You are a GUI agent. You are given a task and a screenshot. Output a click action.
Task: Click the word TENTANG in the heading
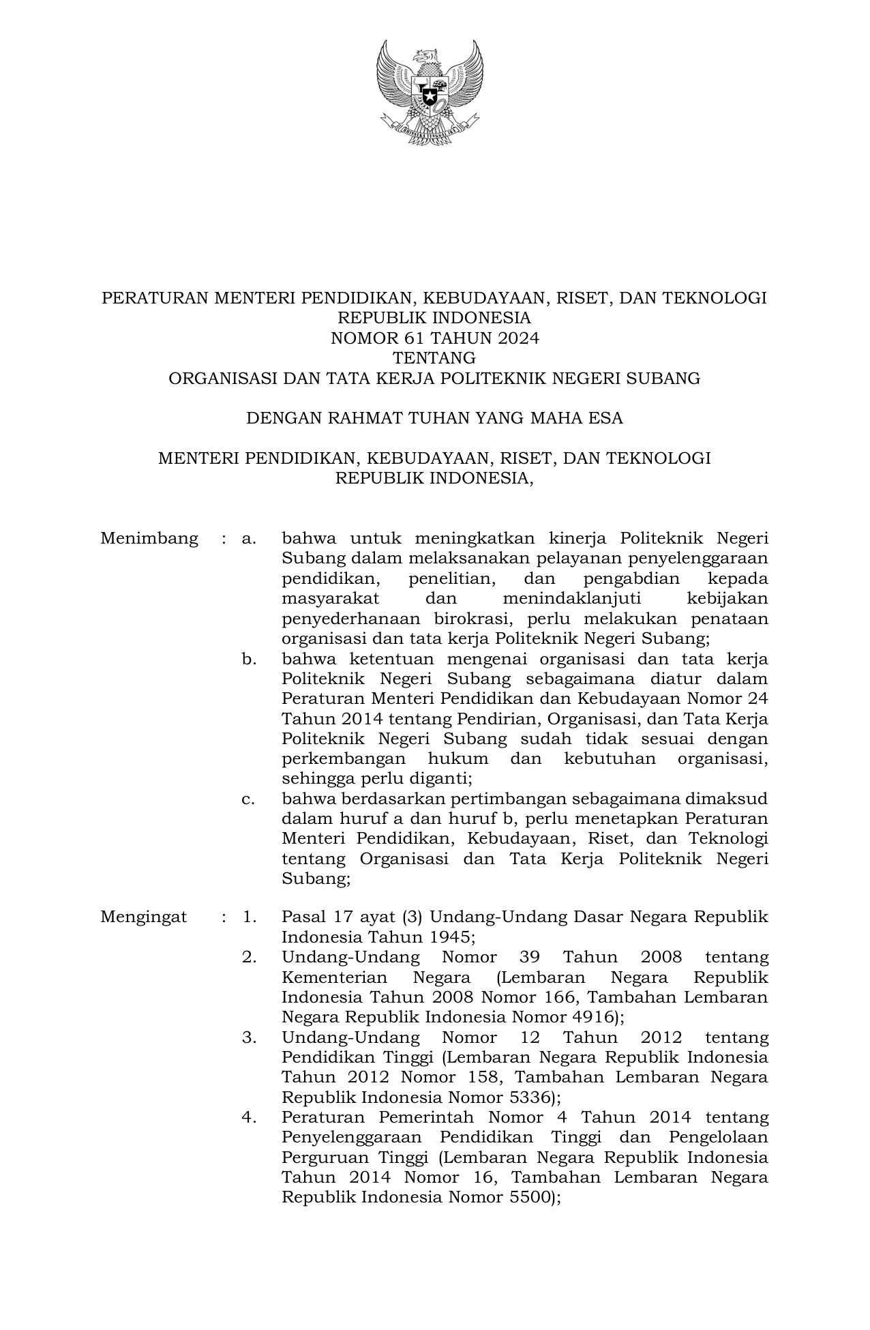coord(434,358)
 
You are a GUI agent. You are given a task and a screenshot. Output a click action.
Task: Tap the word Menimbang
coord(149,539)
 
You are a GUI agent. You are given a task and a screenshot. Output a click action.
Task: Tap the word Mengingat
coord(144,917)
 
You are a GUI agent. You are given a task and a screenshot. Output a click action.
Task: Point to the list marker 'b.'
coord(249,659)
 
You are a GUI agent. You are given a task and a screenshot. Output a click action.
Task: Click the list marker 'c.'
coord(249,799)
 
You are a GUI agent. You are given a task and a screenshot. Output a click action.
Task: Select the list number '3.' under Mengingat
coord(249,1037)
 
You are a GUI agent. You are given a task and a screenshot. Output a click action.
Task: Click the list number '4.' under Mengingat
coord(249,1117)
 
